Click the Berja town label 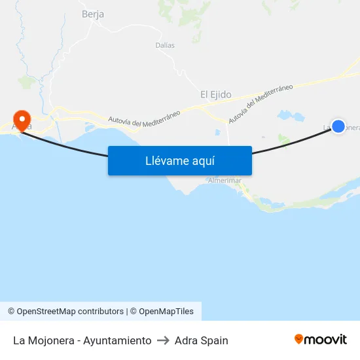click(93, 14)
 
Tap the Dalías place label click(165, 45)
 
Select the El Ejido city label click(216, 95)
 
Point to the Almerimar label click(225, 180)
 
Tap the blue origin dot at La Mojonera click(338, 126)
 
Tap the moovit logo click(320, 340)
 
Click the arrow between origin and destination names click(163, 340)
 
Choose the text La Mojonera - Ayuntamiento click(82, 340)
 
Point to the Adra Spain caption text click(202, 340)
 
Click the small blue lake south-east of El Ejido click(291, 116)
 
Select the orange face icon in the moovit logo click(299, 339)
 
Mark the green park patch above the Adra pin click(27, 82)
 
